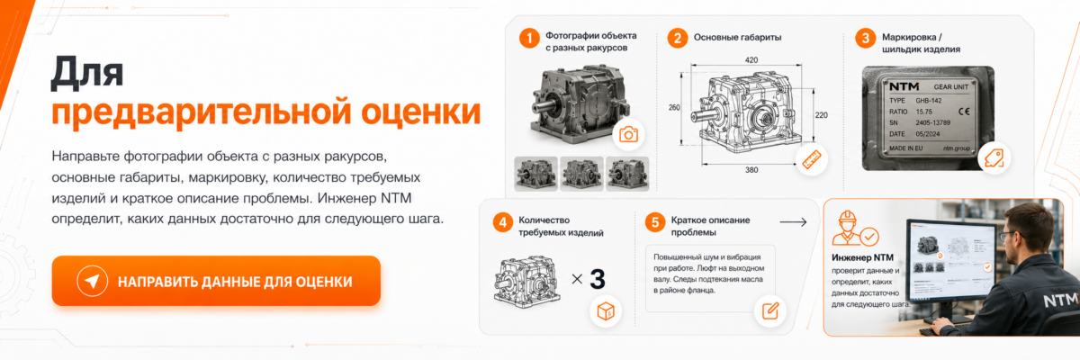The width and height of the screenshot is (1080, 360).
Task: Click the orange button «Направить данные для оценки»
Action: pos(216,281)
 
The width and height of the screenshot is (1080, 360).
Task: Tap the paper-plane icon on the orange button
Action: pos(92,281)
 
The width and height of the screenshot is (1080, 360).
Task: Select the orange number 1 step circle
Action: pos(529,38)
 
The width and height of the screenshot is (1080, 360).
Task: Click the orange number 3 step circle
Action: pos(866,38)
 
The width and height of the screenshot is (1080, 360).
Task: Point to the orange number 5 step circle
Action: pos(655,222)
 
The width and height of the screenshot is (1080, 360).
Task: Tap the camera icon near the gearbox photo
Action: pos(628,134)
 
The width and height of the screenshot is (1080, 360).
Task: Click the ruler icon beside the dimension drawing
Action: pos(812,159)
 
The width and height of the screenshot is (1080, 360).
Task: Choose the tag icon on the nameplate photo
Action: pos(994,157)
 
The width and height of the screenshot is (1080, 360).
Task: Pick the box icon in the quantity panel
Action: pos(606,311)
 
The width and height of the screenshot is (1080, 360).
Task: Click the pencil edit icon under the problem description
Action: pos(770,310)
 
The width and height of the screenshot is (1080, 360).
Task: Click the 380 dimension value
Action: pos(751,169)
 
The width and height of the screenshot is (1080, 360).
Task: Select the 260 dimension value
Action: pos(674,107)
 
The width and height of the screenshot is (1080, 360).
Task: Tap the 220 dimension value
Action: pos(822,115)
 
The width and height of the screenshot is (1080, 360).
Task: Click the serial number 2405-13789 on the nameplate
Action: pos(933,123)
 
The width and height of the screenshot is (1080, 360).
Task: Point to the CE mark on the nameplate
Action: pos(964,112)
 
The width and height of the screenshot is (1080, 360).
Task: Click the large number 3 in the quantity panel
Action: pos(598,279)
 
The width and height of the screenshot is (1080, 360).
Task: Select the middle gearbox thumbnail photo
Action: pos(581,174)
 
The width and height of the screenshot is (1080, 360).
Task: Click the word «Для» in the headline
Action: pos(87,73)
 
